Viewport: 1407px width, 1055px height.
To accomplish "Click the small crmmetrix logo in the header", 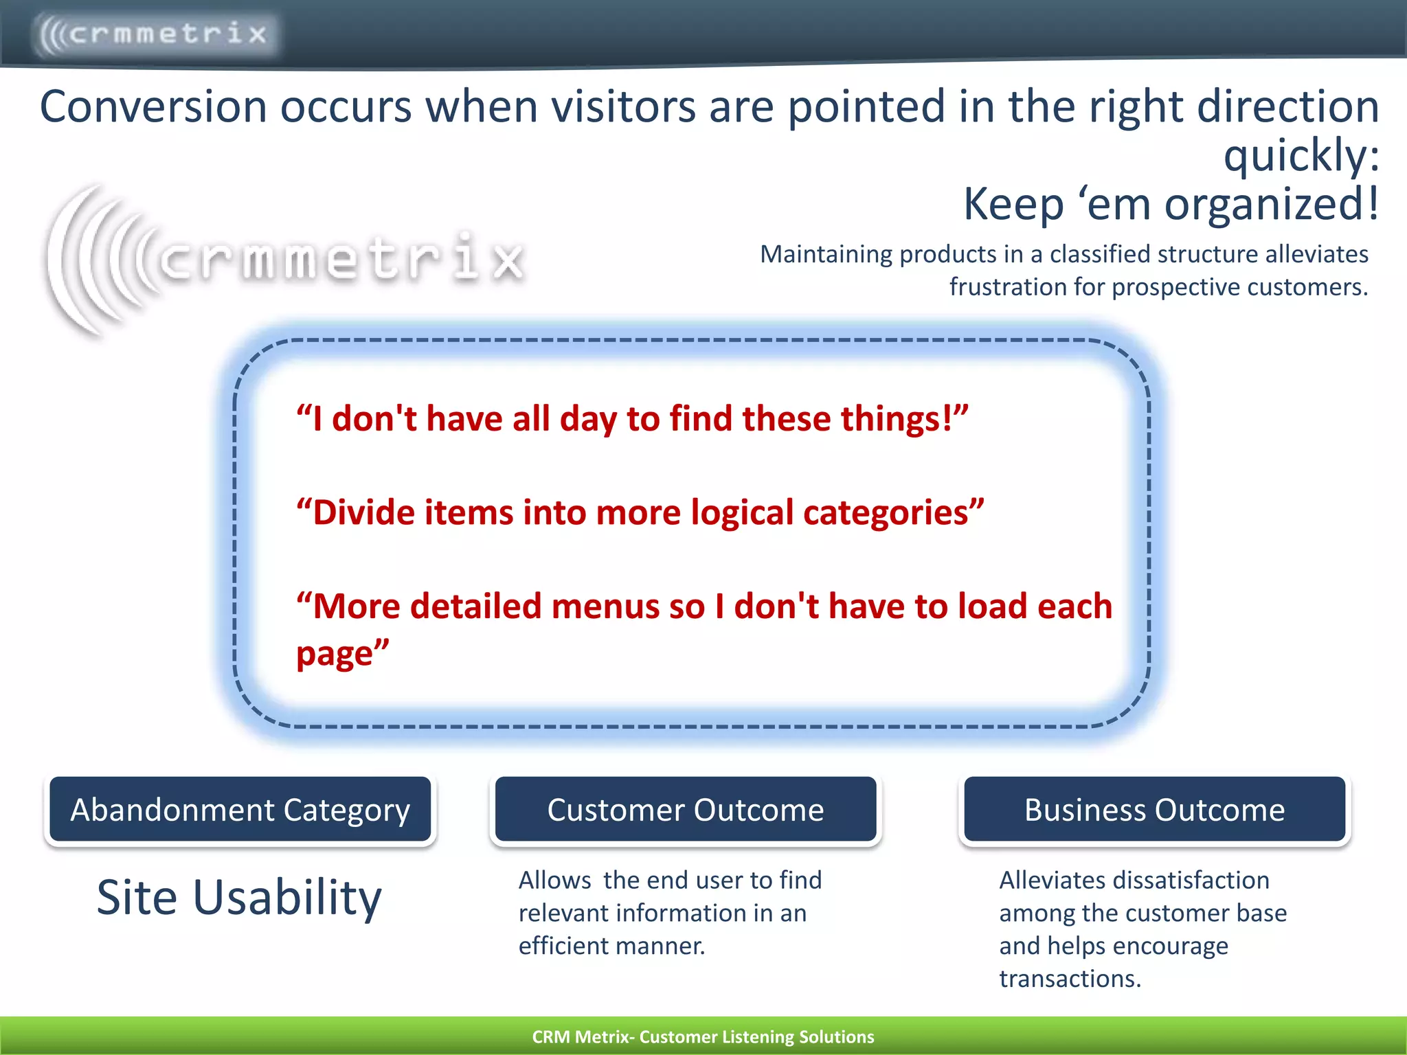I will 155,33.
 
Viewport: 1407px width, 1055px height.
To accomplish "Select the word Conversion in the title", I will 153,107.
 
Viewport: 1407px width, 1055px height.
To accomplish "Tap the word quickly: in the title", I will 1301,155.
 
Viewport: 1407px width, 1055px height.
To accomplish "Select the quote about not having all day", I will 632,418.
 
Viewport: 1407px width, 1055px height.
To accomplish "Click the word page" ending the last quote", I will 342,653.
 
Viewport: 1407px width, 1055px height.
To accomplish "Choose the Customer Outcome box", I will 685,810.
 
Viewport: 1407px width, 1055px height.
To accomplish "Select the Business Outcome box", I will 1154,810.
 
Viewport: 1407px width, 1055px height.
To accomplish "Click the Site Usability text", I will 238,897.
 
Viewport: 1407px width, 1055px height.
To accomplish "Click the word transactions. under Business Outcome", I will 1070,979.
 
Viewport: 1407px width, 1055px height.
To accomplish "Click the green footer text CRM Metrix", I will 580,1036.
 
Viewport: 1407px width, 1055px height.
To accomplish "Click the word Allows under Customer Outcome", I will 554,881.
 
